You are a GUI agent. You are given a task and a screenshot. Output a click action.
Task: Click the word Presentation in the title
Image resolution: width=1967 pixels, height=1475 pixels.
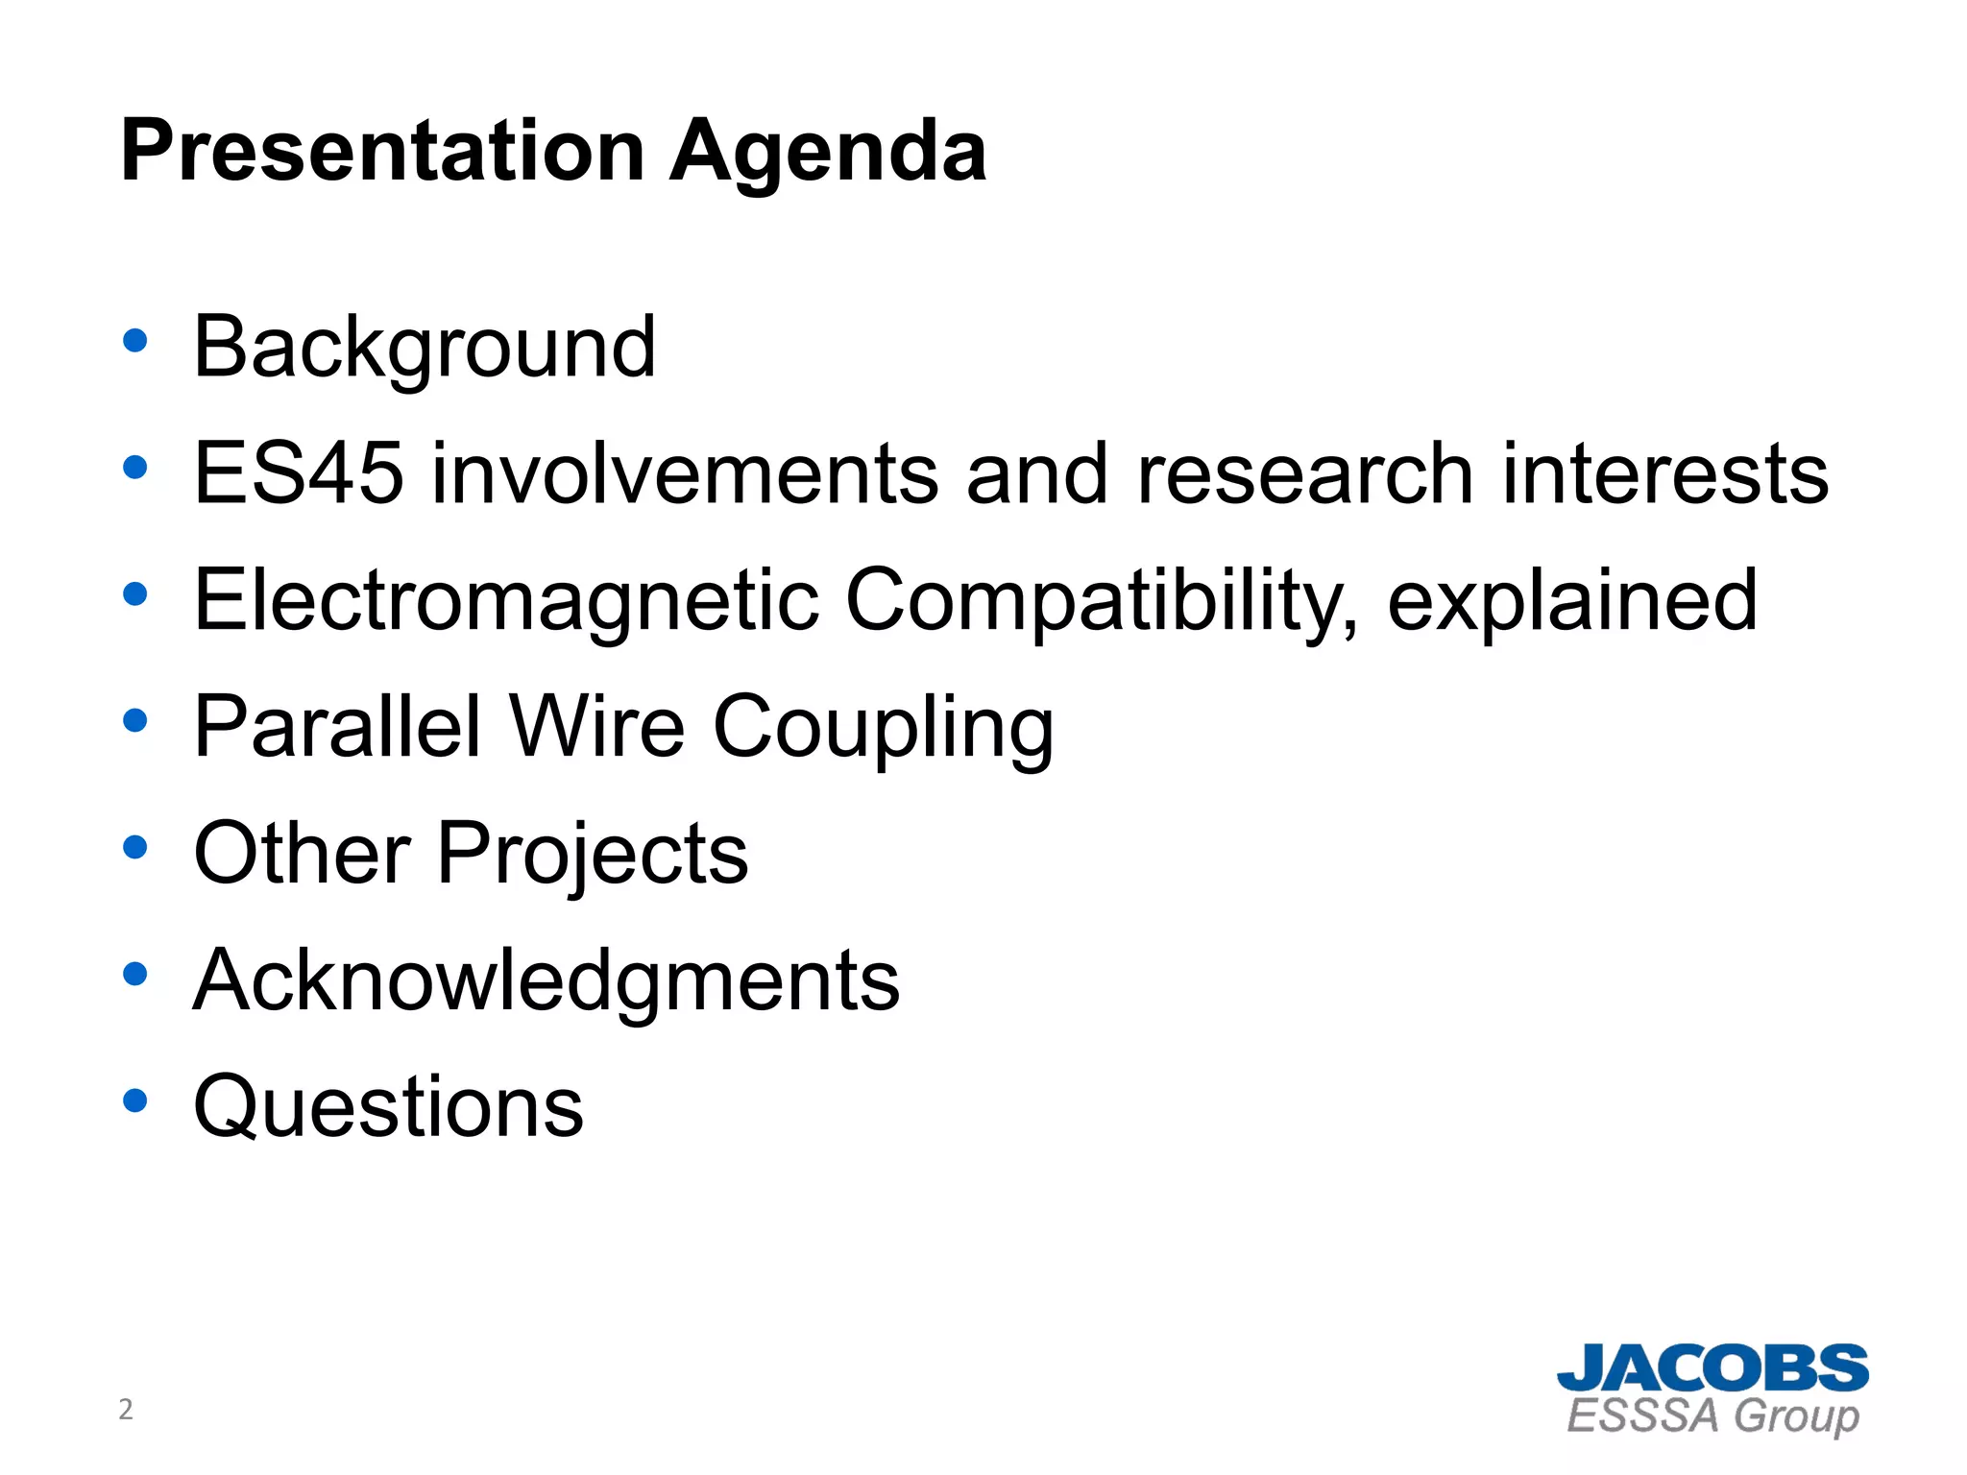[382, 152]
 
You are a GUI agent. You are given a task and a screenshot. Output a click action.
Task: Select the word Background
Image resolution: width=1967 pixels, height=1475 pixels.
[425, 348]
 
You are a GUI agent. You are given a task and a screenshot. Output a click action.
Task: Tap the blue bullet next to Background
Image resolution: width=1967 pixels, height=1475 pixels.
[135, 341]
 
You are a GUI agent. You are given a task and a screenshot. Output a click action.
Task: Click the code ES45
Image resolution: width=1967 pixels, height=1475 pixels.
[298, 473]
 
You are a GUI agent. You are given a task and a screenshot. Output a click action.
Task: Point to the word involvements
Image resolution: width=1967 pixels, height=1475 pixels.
[684, 473]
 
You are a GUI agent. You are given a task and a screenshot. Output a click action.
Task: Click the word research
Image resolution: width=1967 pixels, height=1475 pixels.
[1304, 473]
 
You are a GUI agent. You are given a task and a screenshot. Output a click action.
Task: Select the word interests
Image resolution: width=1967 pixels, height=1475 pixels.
[1665, 473]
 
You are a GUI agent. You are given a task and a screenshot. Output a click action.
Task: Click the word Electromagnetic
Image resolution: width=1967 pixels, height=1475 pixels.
[505, 601]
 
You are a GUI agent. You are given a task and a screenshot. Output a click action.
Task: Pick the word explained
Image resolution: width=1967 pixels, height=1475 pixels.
[1571, 601]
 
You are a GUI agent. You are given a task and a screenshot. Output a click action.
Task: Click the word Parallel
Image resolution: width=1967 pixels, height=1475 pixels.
[336, 727]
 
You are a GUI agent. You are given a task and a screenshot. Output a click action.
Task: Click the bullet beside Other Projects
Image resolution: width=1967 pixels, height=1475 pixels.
[135, 848]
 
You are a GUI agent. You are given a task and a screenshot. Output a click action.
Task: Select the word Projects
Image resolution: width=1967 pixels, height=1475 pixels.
[592, 855]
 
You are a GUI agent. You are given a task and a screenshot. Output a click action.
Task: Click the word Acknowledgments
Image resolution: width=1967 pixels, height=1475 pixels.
[546, 981]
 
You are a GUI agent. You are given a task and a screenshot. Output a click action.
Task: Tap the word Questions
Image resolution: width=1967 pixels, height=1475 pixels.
[388, 1107]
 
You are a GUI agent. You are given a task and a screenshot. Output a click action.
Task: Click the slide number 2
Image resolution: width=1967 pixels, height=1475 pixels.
[125, 1410]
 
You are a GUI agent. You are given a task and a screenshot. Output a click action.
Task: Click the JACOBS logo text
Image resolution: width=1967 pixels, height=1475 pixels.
[1712, 1368]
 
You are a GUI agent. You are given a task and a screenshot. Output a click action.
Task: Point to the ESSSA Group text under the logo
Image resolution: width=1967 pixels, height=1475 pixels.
[1712, 1416]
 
